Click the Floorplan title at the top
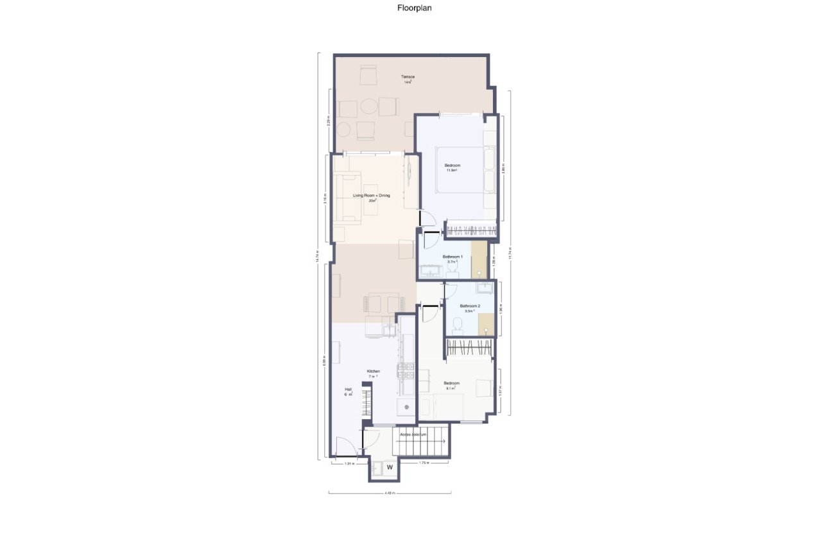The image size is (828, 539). pos(413,9)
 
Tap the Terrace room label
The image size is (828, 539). pos(408,77)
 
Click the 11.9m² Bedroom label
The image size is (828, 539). pos(453,166)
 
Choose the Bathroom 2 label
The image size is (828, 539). pos(470,306)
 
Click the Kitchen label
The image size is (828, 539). pos(374,372)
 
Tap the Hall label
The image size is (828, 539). pos(348,389)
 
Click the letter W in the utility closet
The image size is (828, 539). pos(390,468)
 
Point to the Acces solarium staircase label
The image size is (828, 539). pos(413,434)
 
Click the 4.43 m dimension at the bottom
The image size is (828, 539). pos(389,493)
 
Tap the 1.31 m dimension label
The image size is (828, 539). pos(349,463)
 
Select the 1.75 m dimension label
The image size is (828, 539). pos(424,463)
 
